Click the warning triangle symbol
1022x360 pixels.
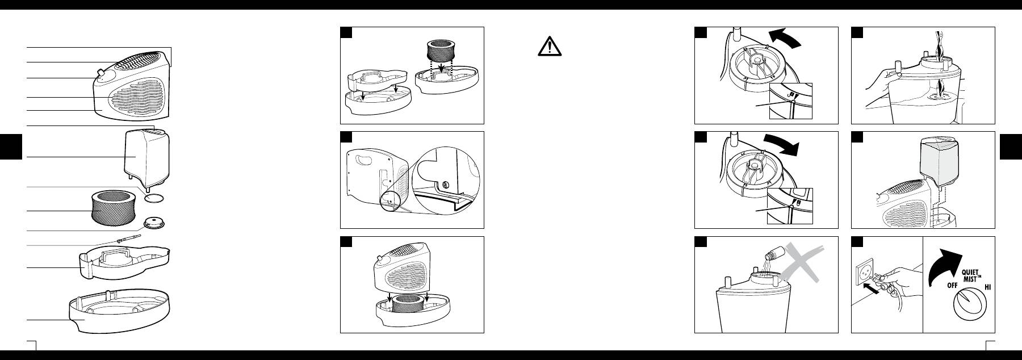(549, 46)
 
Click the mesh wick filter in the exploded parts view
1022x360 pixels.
(116, 207)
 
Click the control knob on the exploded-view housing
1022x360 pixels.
(102, 73)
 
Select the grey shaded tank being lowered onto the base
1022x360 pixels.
(941, 164)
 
